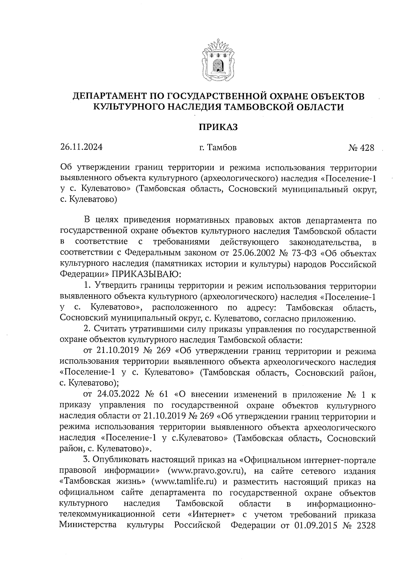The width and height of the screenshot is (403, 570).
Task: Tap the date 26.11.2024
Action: (x=81, y=147)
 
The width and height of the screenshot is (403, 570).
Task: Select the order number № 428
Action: (x=361, y=148)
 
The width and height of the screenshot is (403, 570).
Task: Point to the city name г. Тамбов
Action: (x=218, y=147)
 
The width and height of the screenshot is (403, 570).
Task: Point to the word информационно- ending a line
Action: (x=341, y=504)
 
